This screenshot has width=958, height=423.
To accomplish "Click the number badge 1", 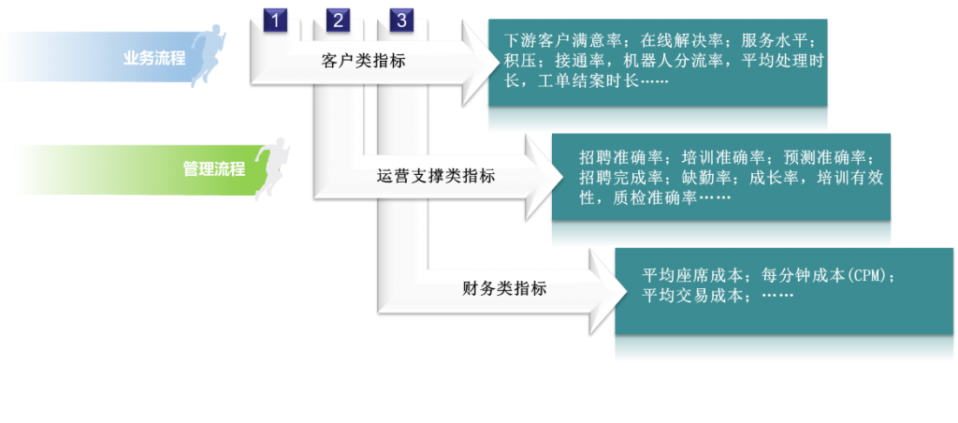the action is coord(275,21).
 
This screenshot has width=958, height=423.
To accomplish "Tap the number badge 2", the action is coord(338,21).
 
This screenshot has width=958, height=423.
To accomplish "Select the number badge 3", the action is coord(401,21).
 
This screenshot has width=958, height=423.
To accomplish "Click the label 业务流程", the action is coord(154,59).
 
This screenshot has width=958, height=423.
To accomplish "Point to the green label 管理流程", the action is coord(214,168).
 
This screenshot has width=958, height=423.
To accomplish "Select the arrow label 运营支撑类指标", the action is coord(436,176).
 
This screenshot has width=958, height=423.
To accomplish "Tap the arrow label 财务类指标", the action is coord(504,288).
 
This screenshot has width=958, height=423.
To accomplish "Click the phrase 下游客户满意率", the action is coord(563,41).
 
